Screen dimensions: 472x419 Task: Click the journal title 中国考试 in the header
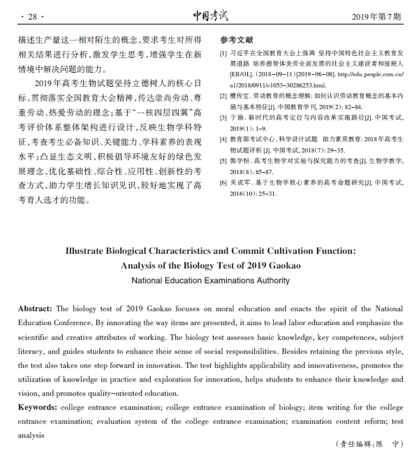[x=210, y=15]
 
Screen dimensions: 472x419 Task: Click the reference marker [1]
[x=223, y=52]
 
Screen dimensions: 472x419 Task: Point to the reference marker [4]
[x=223, y=139]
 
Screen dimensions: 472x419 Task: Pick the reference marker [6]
[x=223, y=183]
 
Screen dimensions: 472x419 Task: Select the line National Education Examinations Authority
[x=210, y=280]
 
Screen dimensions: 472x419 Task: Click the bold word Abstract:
[x=35, y=308]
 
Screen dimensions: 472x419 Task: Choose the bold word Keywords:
[x=37, y=407]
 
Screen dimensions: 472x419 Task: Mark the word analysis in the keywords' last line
[x=33, y=435]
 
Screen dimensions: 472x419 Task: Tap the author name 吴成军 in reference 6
[x=240, y=183]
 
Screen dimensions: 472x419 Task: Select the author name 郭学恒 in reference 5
[x=240, y=161]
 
